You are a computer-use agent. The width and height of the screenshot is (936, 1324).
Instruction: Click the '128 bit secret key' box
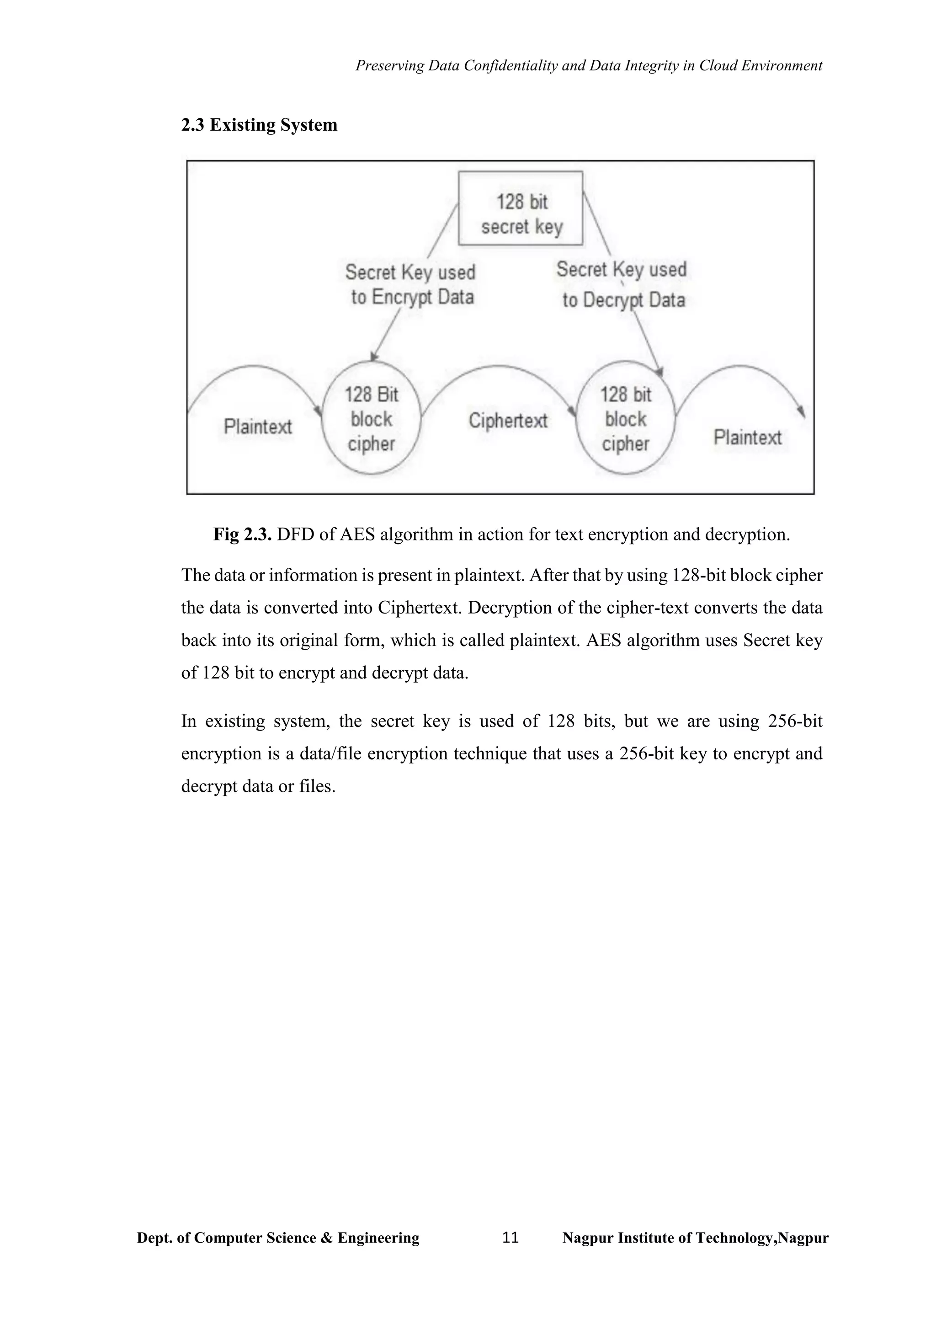(x=521, y=209)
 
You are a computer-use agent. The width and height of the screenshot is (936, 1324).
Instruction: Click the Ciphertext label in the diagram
(x=508, y=421)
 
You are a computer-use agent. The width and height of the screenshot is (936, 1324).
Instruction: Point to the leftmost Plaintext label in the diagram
(x=258, y=427)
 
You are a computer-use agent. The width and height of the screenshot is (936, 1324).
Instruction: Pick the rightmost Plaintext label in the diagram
(x=748, y=438)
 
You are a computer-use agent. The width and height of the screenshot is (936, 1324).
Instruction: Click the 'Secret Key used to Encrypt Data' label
(x=411, y=284)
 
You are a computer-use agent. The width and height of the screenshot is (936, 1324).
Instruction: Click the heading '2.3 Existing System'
(x=259, y=125)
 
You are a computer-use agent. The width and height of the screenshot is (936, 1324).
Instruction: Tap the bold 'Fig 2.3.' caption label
(x=243, y=534)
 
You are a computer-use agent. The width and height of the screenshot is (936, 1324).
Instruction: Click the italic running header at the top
(x=589, y=66)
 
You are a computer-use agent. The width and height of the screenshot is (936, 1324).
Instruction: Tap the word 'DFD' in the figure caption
(x=296, y=534)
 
